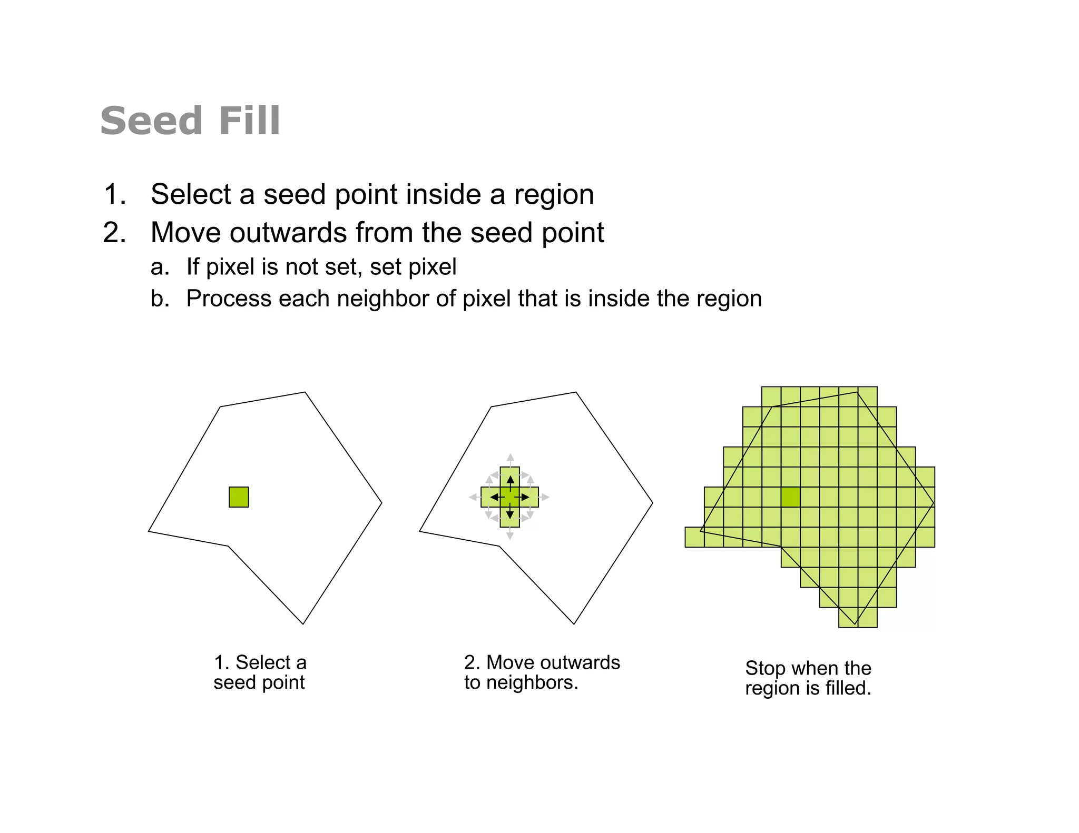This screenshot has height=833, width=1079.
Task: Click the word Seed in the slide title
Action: pyautogui.click(x=151, y=121)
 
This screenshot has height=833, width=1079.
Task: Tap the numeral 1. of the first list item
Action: pyautogui.click(x=115, y=194)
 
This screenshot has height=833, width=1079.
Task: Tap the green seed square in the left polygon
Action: pyautogui.click(x=239, y=497)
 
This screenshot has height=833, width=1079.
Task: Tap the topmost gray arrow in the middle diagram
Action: pyautogui.click(x=510, y=459)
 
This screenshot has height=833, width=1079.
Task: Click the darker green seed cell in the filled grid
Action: pyautogui.click(x=790, y=497)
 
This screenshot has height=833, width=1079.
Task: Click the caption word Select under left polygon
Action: pyautogui.click(x=263, y=662)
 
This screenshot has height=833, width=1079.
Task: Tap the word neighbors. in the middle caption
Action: pyautogui.click(x=532, y=683)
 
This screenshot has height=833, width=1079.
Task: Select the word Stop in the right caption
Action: pyautogui.click(x=765, y=669)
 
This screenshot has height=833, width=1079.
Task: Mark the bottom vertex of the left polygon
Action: pyautogui.click(x=303, y=624)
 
